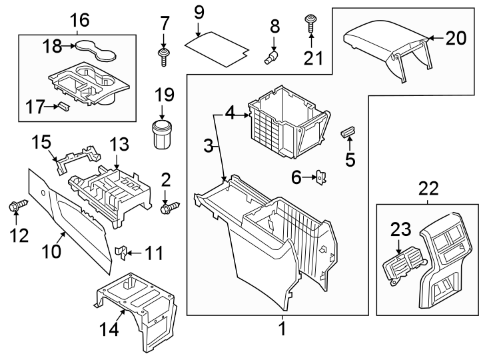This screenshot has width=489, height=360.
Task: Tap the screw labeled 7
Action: [x=162, y=55]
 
